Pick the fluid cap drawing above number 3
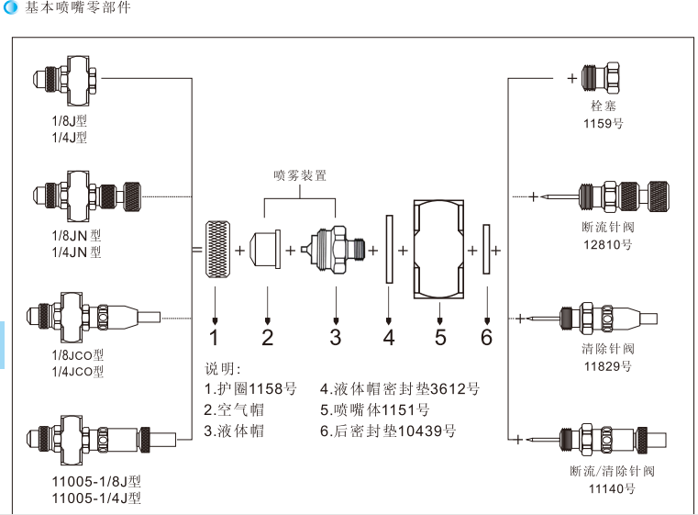point(335,249)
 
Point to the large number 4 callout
point(389,337)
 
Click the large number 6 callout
point(486,337)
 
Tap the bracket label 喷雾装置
point(300,175)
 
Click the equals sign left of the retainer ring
point(196,250)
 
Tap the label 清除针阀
point(608,349)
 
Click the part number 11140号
point(612,489)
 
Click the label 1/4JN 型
point(77,252)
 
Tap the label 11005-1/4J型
point(96,498)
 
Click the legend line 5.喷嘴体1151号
point(374,409)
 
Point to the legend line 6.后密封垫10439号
point(387,431)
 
